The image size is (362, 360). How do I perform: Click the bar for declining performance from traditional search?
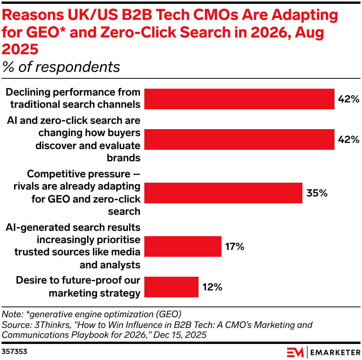(239, 99)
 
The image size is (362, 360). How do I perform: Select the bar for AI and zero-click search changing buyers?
(239, 139)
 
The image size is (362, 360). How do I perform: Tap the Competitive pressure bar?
(223, 193)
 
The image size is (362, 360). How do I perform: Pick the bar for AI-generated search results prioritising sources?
(183, 246)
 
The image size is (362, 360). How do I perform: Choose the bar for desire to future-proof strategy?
(171, 287)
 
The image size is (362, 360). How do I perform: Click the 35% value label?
(317, 193)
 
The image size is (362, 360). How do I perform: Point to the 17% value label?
(234, 246)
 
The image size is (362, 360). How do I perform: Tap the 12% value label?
(212, 287)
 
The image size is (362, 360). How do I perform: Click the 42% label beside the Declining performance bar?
(349, 99)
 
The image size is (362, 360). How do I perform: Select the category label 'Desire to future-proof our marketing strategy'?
(78, 287)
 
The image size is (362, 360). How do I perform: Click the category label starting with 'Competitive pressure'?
(84, 193)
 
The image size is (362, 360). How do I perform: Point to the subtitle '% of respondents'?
(61, 67)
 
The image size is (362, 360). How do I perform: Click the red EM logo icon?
(295, 351)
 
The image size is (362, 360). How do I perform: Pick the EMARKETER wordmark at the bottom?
(335, 351)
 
